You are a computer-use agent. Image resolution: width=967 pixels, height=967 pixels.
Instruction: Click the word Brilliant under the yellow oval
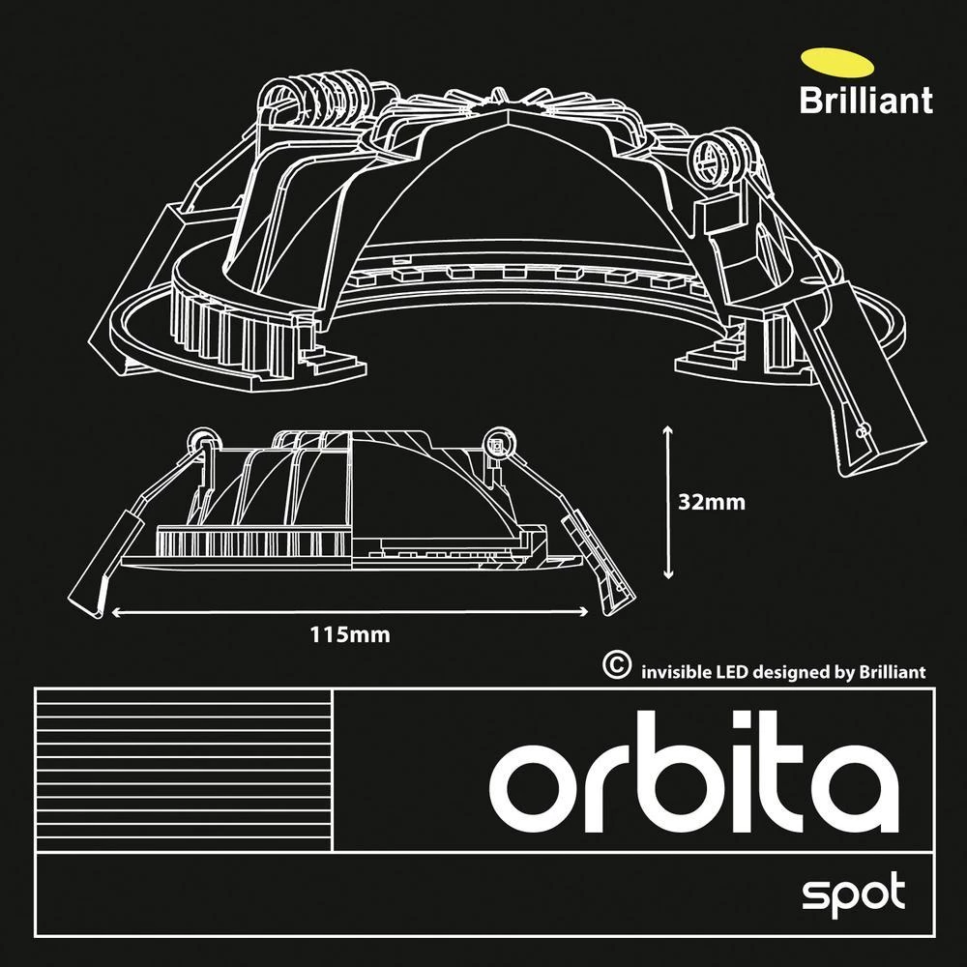865,100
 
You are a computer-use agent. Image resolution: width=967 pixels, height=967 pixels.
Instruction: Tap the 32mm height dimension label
713,503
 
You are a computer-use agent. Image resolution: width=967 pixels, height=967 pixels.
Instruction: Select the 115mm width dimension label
350,635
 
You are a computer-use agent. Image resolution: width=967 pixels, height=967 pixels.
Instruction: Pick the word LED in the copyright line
732,671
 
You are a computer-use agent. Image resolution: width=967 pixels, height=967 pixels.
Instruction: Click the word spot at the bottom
854,893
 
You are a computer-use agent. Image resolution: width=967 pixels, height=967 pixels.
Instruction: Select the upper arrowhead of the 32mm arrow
668,427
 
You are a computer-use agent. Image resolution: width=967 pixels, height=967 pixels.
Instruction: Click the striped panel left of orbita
183,770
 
